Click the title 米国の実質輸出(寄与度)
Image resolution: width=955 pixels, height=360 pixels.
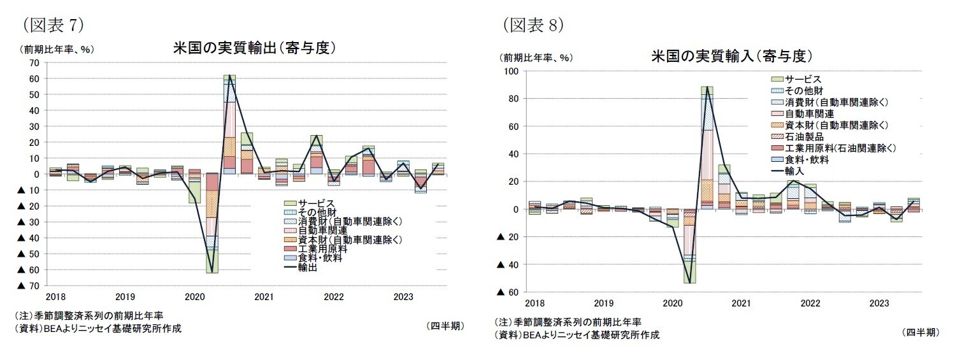point(254,48)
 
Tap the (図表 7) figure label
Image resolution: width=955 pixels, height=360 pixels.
point(54,25)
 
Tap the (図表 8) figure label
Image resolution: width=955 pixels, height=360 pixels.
point(533,25)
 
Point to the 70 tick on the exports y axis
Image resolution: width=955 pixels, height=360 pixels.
point(34,62)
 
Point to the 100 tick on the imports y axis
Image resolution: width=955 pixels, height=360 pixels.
point(512,71)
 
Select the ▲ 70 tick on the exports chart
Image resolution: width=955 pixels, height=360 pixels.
point(29,285)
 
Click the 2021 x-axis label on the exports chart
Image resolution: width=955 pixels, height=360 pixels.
point(263,297)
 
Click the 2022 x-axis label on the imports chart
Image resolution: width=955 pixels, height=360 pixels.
point(810,303)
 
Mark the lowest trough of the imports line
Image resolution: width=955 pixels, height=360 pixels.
point(690,282)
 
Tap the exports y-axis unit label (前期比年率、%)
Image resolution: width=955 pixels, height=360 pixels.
point(57,49)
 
